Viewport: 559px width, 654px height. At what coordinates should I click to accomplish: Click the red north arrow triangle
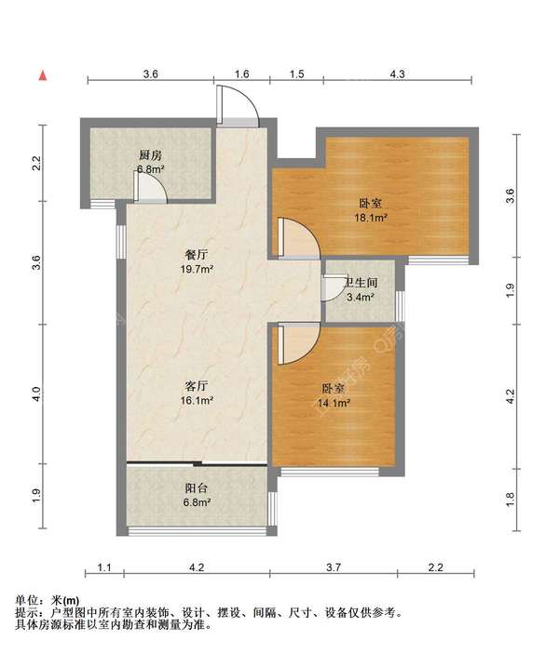[43, 76]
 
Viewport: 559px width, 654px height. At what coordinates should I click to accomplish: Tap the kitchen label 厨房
[150, 155]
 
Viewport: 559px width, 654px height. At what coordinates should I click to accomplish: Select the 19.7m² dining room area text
[197, 269]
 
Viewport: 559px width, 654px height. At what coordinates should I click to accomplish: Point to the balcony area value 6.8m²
[197, 502]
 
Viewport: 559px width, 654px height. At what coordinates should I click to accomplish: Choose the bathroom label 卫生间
[361, 283]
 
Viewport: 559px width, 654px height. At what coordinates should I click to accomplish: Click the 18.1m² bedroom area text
[371, 218]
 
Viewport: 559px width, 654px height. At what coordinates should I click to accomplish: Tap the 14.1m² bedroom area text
[334, 403]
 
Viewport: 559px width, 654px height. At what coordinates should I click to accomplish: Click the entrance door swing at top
[238, 104]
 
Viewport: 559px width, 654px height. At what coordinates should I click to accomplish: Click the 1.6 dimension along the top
[242, 74]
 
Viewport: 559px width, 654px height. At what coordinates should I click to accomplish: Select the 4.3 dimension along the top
[397, 74]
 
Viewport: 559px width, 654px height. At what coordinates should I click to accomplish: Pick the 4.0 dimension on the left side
[36, 394]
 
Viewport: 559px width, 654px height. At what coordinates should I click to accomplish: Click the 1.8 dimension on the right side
[511, 500]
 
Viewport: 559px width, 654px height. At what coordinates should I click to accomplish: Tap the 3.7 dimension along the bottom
[334, 567]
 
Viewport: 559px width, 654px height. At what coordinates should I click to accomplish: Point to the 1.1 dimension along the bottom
[104, 567]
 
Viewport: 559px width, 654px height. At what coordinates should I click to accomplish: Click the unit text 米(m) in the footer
[65, 600]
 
